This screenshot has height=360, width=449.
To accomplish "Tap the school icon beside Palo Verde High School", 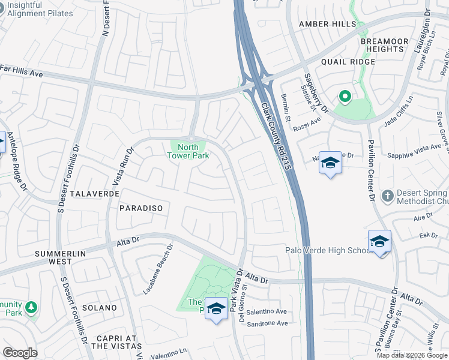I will coord(379,241).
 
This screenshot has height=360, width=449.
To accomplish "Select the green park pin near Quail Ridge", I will coord(345,96).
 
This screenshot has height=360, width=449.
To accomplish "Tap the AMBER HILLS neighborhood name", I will coord(327,23).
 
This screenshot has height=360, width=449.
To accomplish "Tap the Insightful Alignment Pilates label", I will coord(40,9).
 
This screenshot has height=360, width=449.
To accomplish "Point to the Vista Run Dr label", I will coord(119,166).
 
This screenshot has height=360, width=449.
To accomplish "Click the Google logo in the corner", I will coord(20,353).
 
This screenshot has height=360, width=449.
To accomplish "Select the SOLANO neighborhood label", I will coord(100,308).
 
